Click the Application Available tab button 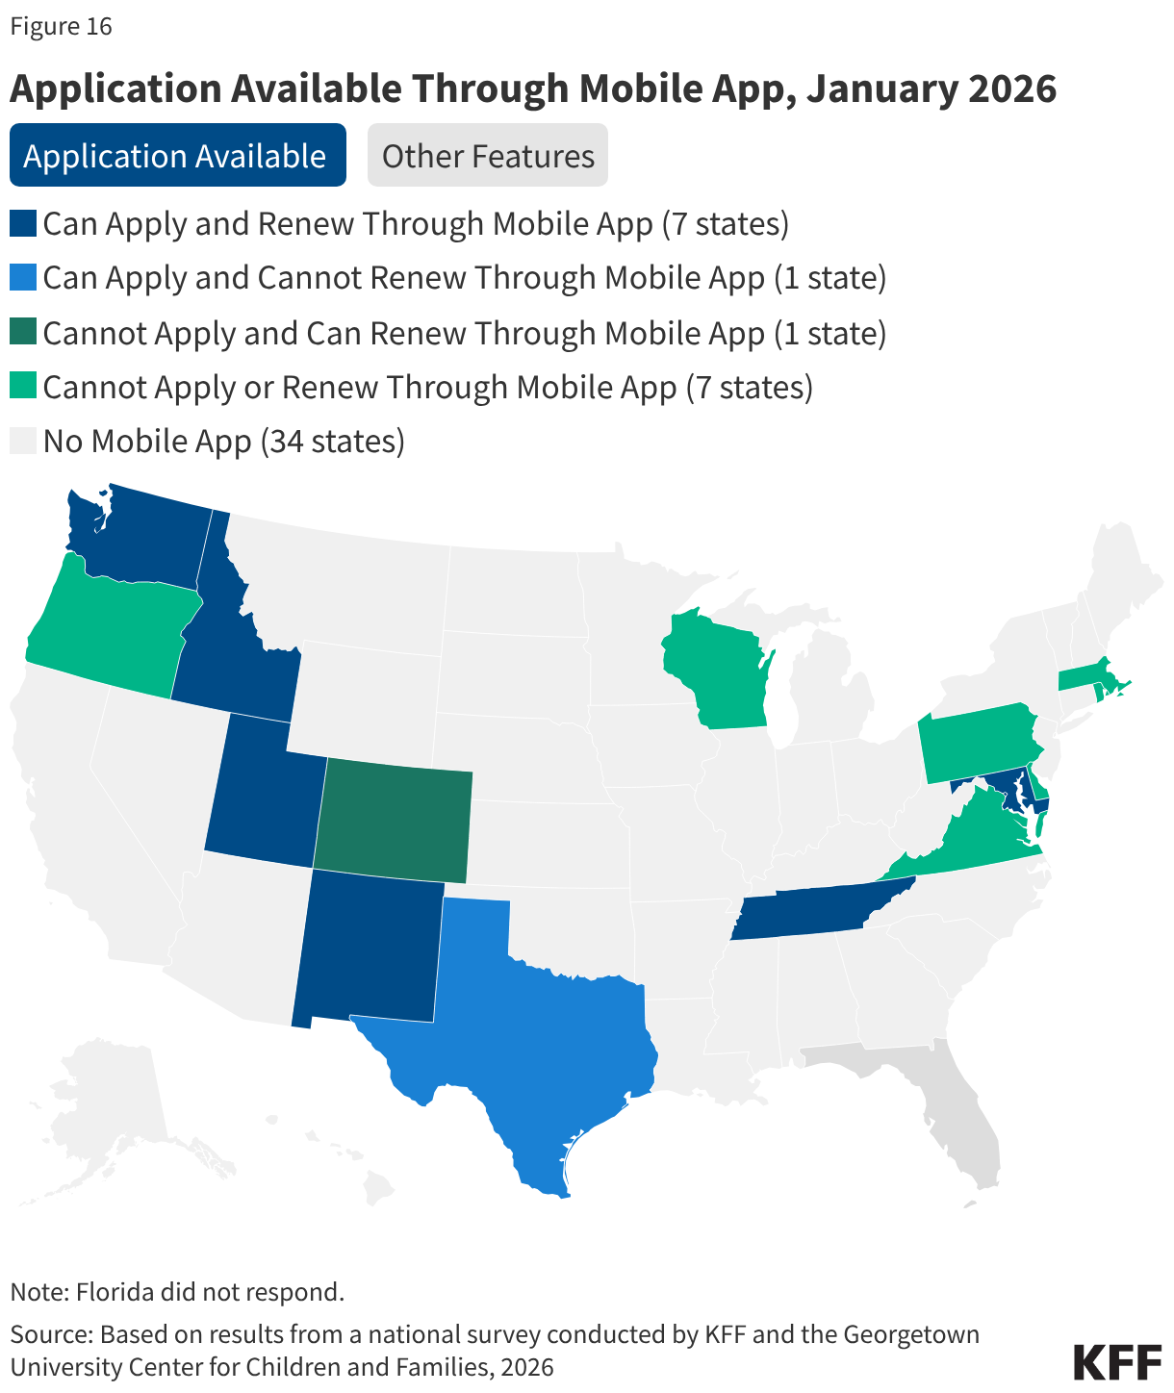(x=177, y=155)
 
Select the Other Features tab (x=488, y=155)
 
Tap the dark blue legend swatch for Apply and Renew (x=23, y=224)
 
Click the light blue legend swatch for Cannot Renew (x=23, y=278)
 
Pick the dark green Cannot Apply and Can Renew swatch (x=23, y=333)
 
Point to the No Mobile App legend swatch (x=23, y=441)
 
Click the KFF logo (x=1116, y=1362)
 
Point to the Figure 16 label (x=62, y=26)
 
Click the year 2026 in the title (x=1011, y=89)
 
